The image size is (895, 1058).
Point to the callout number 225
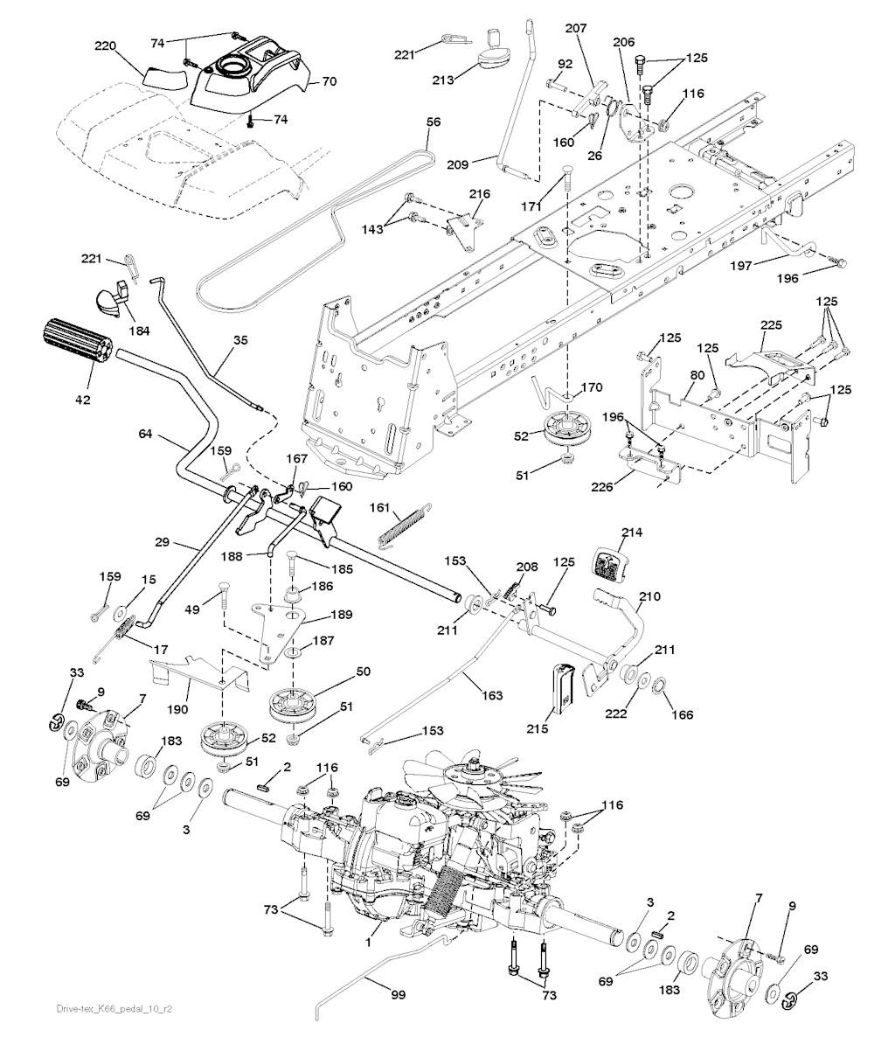point(770,324)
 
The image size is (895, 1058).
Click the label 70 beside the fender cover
point(329,82)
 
